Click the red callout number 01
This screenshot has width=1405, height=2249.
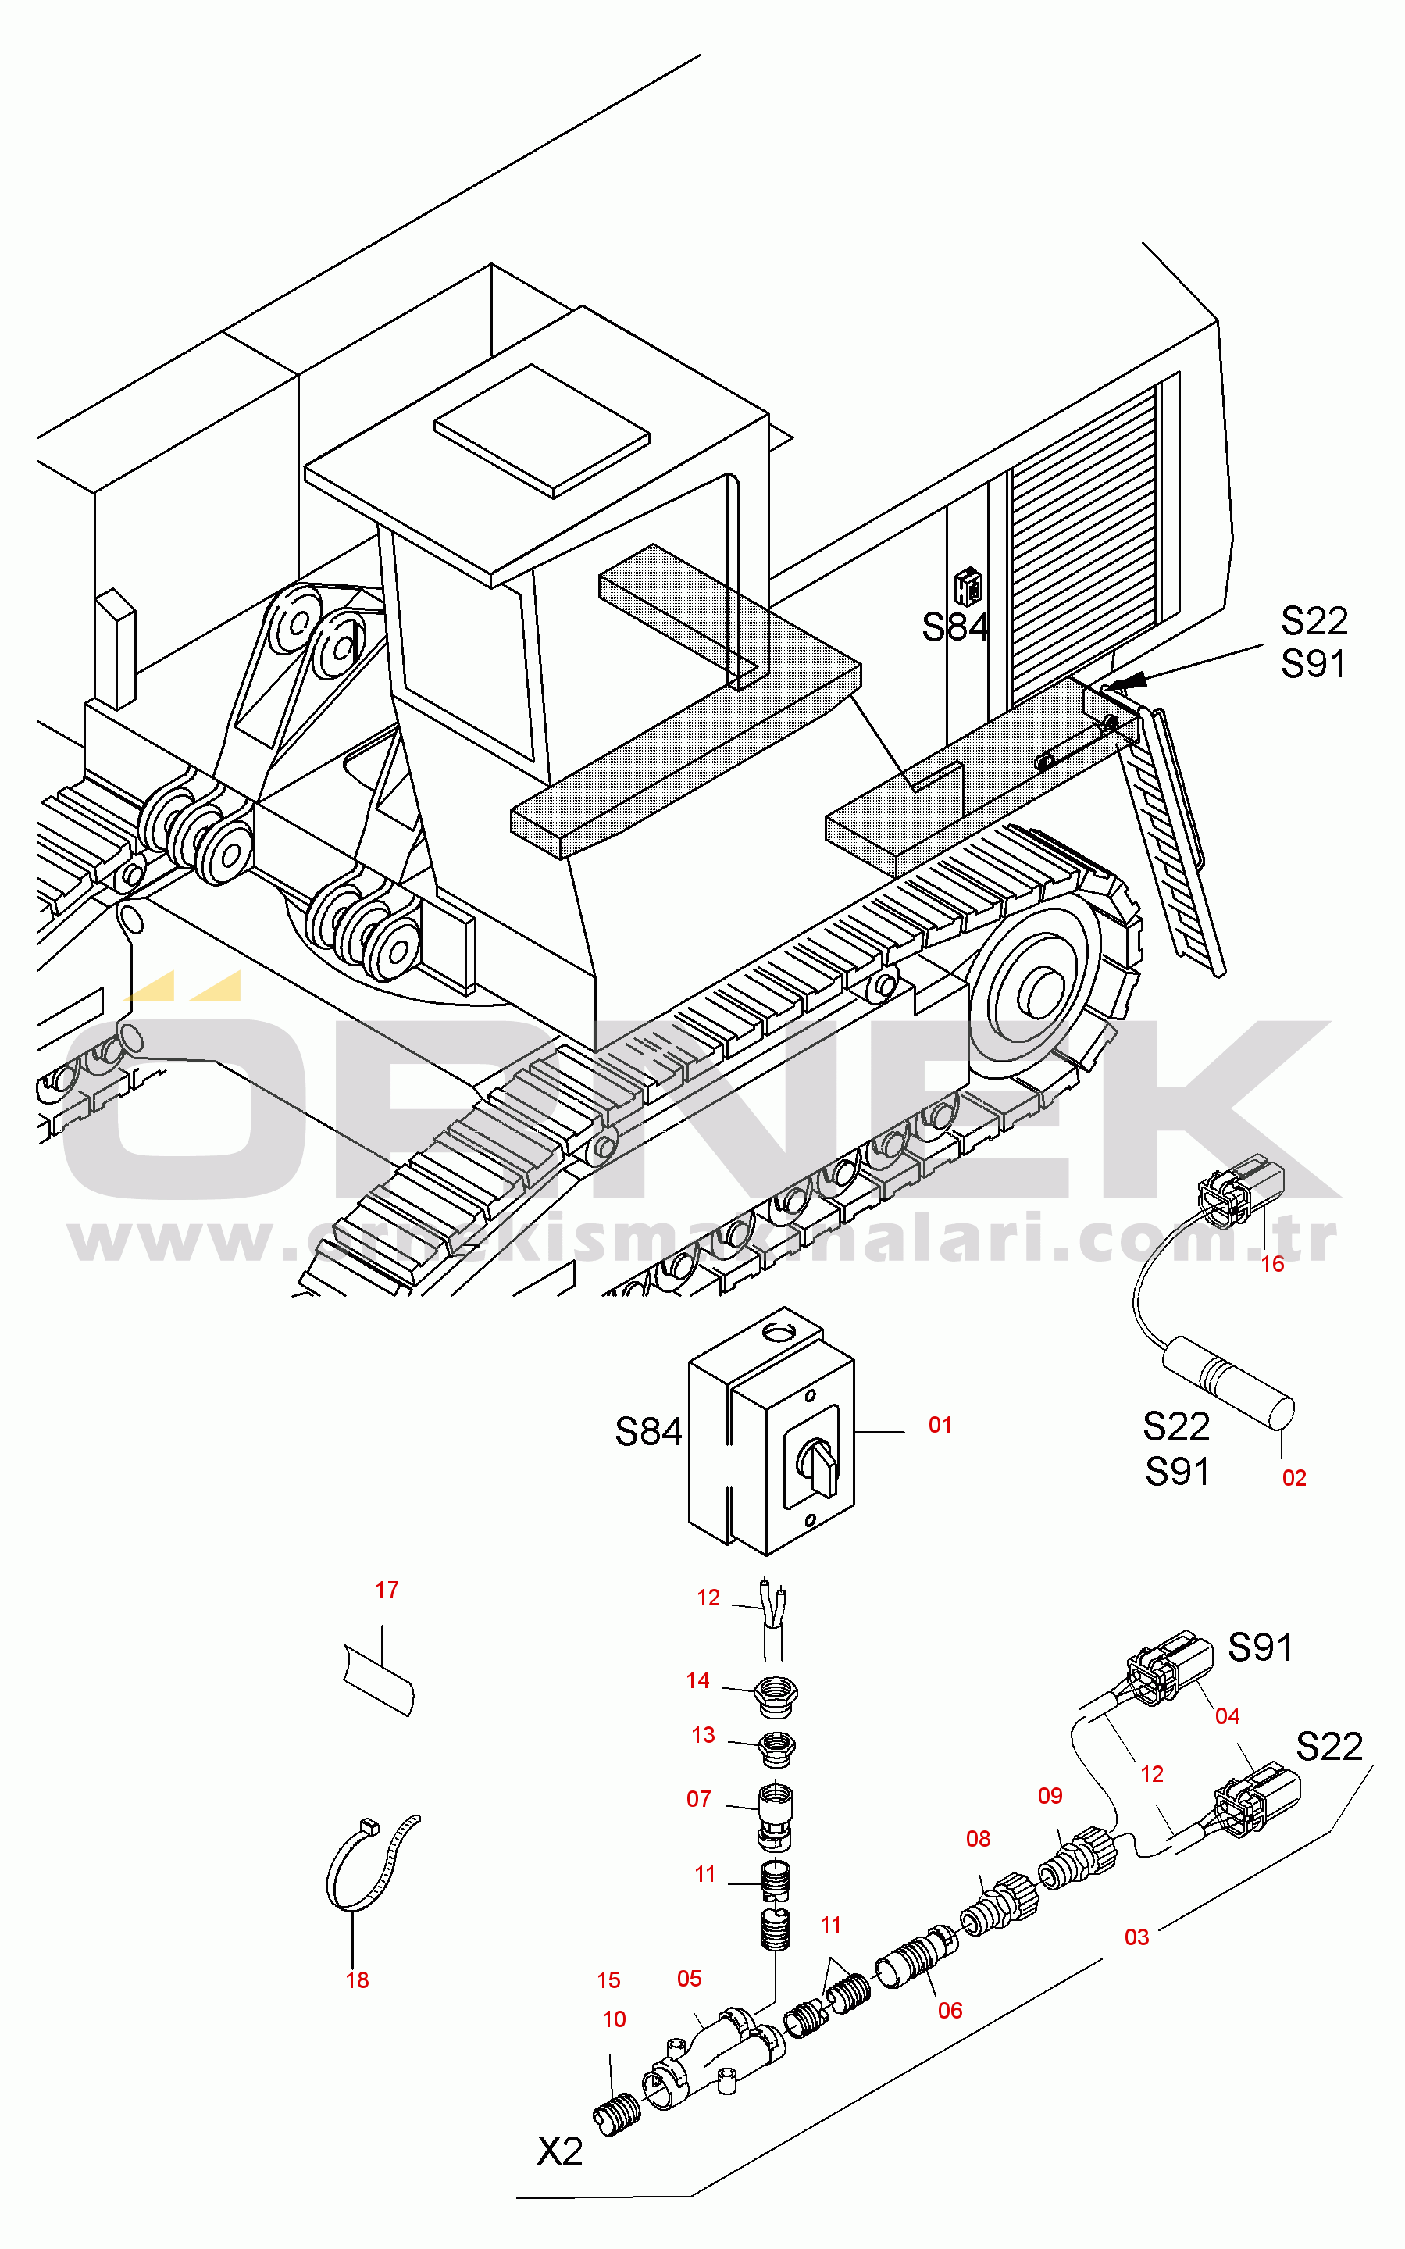click(x=940, y=1425)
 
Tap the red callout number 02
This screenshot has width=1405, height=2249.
click(x=1293, y=1478)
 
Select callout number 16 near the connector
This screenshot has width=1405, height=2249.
click(x=1272, y=1264)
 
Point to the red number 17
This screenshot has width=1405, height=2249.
click(x=387, y=1590)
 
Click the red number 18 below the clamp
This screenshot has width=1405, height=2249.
click(x=357, y=1980)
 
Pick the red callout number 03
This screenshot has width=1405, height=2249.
click(x=1136, y=1937)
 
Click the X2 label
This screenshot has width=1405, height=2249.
click(x=559, y=2151)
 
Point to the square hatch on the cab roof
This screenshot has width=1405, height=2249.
click(x=542, y=430)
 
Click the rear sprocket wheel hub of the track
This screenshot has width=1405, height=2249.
click(x=1041, y=991)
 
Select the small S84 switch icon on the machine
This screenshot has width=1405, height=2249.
click(x=968, y=587)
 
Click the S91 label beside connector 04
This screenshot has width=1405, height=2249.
click(x=1259, y=1647)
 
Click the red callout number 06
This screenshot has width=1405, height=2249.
click(x=949, y=2010)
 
